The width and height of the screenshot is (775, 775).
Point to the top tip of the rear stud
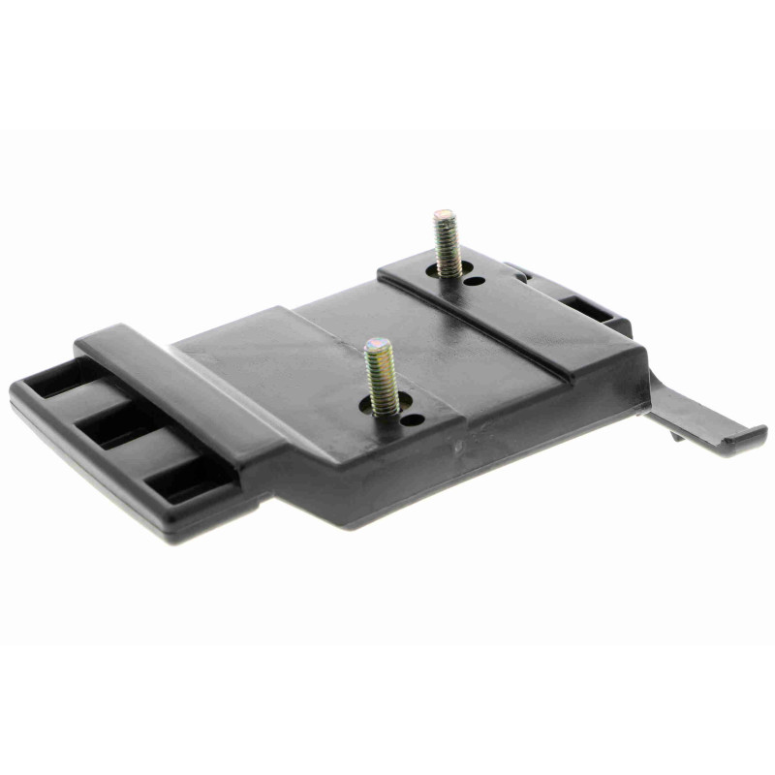click(x=445, y=213)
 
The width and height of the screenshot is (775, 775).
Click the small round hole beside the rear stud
click(x=476, y=281)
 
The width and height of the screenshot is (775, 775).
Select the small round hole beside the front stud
click(x=413, y=420)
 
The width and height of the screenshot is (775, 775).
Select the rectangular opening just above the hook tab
click(x=591, y=308)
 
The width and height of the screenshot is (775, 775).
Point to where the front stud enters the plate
click(x=381, y=408)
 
